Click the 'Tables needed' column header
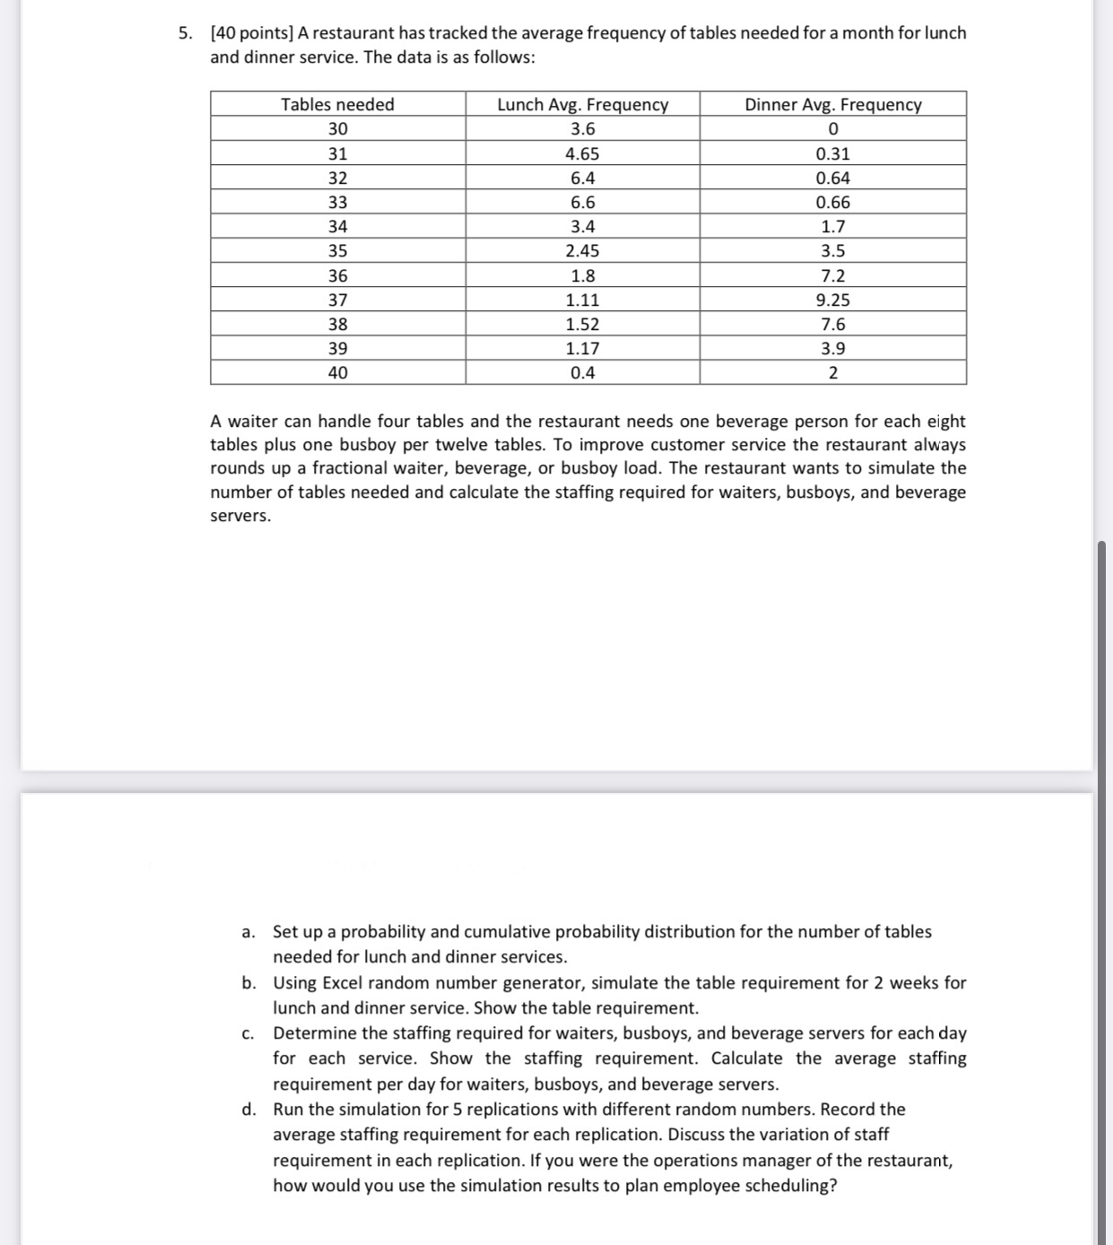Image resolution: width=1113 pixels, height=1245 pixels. tap(337, 104)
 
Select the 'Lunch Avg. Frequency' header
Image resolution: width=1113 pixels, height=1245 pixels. tap(582, 104)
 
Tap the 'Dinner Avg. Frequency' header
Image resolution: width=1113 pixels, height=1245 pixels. tap(832, 104)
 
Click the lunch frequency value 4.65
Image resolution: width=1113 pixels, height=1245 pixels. tap(582, 153)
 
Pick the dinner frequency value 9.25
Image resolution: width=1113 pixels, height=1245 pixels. tap(832, 300)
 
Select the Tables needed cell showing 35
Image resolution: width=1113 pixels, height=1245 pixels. tap(337, 251)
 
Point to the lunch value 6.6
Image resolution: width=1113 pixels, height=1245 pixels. tap(582, 203)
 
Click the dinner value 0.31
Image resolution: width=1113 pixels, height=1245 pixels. tap(832, 153)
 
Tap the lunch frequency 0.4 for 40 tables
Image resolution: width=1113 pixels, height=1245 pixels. tap(582, 373)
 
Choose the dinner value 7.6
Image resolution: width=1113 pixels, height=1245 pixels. tap(832, 325)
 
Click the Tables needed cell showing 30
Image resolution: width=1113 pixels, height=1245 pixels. tap(337, 129)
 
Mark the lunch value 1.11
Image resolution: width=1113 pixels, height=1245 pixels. tap(582, 300)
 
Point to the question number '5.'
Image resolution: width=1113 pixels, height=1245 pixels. tap(185, 33)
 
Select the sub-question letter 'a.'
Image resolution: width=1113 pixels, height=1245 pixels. tap(248, 932)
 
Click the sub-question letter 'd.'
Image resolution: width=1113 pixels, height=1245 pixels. tap(248, 1110)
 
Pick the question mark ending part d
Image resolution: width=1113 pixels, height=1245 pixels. tap(833, 1186)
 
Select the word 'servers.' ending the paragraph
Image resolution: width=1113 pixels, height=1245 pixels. tap(240, 516)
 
